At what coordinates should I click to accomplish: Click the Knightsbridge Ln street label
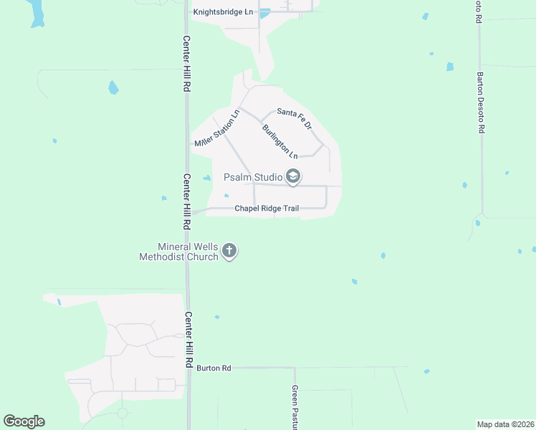pyautogui.click(x=224, y=12)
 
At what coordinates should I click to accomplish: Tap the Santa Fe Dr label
pyautogui.click(x=295, y=118)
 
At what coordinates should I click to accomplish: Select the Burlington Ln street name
pyautogui.click(x=279, y=141)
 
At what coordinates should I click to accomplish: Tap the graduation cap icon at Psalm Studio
pyautogui.click(x=292, y=176)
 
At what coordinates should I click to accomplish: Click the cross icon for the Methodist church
pyautogui.click(x=229, y=251)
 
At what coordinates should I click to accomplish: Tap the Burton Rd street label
pyautogui.click(x=214, y=368)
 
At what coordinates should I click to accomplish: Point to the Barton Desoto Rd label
pyautogui.click(x=482, y=101)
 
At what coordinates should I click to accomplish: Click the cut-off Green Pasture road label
pyautogui.click(x=295, y=406)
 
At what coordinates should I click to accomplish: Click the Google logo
pyautogui.click(x=24, y=421)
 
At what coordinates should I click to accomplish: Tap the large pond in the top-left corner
pyautogui.click(x=37, y=13)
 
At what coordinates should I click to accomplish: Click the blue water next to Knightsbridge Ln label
pyautogui.click(x=264, y=13)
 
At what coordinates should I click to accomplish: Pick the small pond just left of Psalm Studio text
pyautogui.click(x=207, y=178)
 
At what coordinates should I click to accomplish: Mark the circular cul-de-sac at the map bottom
pyautogui.click(x=123, y=414)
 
